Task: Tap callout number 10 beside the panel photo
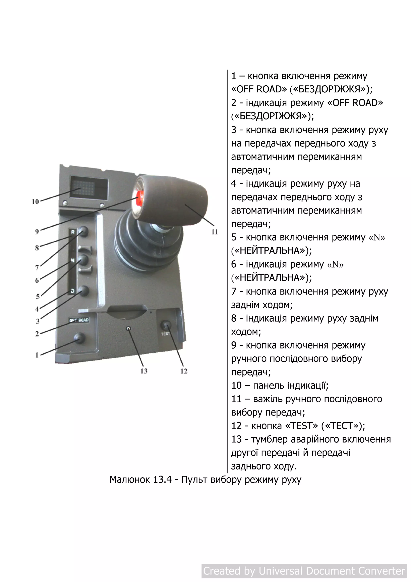pyautogui.click(x=35, y=202)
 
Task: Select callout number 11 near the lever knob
pyautogui.click(x=215, y=232)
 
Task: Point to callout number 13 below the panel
pyautogui.click(x=144, y=371)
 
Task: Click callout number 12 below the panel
pyautogui.click(x=184, y=371)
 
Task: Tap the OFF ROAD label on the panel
pyautogui.click(x=79, y=320)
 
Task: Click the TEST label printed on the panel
pyautogui.click(x=165, y=334)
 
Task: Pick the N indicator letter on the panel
pyautogui.click(x=73, y=260)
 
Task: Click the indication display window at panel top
pyautogui.click(x=89, y=188)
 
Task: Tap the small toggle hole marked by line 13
pyautogui.click(x=129, y=329)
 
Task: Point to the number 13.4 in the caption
pyautogui.click(x=163, y=480)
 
